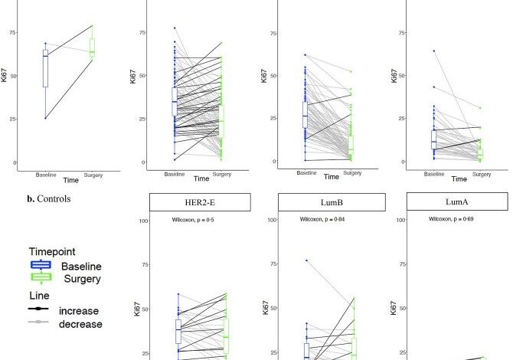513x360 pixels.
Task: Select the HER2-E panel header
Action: tap(200, 202)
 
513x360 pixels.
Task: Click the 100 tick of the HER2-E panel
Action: tap(142, 221)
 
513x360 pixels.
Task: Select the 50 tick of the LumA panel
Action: tap(401, 309)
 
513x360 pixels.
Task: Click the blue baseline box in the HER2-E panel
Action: tap(178, 331)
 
